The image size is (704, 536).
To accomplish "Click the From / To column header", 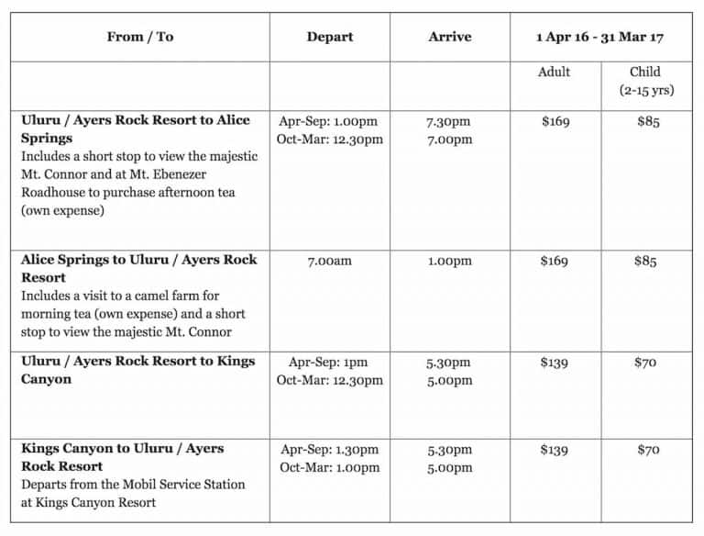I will pyautogui.click(x=139, y=38).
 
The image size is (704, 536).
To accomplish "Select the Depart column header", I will pyautogui.click(x=330, y=38).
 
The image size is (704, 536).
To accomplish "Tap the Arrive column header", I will pyautogui.click(x=449, y=38).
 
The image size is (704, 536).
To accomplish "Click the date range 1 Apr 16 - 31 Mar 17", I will pyautogui.click(x=599, y=38).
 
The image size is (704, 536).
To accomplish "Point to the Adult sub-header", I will pyautogui.click(x=554, y=72).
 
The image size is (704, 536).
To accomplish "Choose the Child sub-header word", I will pyautogui.click(x=645, y=72).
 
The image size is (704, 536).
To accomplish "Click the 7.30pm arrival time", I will pyautogui.click(x=449, y=122).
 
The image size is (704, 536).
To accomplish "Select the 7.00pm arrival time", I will pyautogui.click(x=449, y=140).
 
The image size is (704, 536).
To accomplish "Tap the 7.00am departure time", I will pyautogui.click(x=330, y=261).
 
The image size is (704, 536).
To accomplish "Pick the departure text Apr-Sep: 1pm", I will pyautogui.click(x=330, y=363).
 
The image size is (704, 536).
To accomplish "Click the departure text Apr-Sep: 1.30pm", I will pyautogui.click(x=330, y=450).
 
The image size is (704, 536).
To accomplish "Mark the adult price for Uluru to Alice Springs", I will pyautogui.click(x=555, y=122).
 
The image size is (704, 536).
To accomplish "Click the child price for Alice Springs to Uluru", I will pyautogui.click(x=645, y=261).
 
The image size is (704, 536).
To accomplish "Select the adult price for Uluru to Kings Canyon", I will pyautogui.click(x=555, y=363).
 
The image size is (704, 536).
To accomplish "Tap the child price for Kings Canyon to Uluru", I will pyautogui.click(x=645, y=450).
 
